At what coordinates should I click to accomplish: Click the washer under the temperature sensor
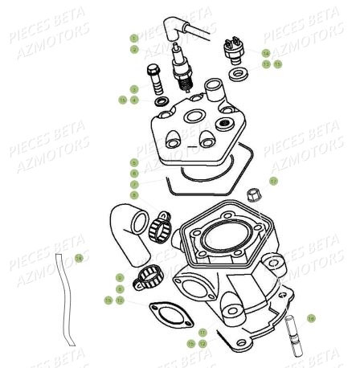click(x=239, y=76)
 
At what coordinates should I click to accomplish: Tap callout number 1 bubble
click(x=134, y=38)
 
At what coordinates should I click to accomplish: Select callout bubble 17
click(x=273, y=182)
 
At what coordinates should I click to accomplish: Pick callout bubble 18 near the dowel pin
click(x=311, y=318)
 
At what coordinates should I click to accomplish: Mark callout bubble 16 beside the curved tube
click(x=79, y=258)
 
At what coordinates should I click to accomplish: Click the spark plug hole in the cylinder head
click(x=193, y=117)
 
